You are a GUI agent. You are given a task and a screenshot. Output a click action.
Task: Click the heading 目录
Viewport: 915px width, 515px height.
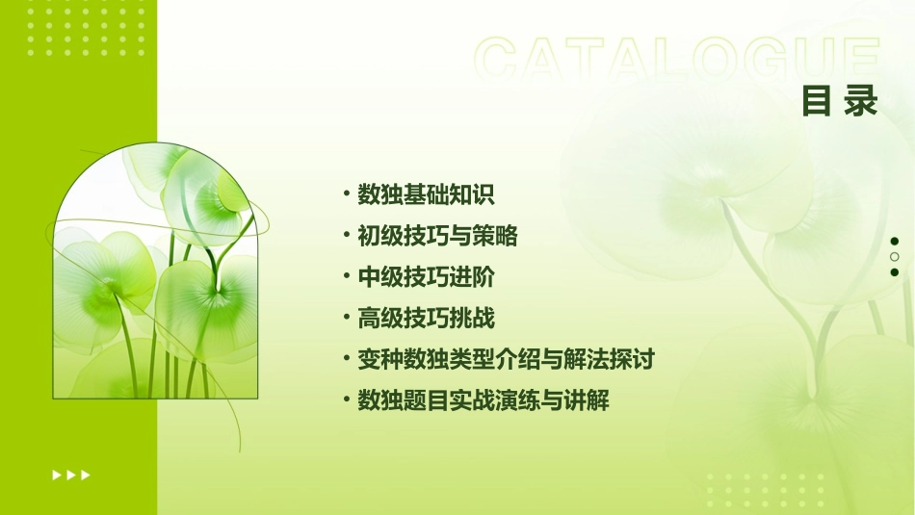click(x=840, y=101)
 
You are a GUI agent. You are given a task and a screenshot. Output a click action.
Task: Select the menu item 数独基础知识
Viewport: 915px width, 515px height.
click(x=426, y=194)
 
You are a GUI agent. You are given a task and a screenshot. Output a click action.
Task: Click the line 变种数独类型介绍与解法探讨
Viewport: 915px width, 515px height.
click(x=506, y=360)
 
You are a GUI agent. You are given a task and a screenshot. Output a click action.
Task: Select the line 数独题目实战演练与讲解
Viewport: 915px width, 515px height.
click(x=483, y=400)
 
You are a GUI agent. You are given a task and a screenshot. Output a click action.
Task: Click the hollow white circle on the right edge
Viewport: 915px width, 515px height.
click(x=895, y=257)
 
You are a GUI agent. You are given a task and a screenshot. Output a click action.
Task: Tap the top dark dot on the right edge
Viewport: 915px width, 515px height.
click(x=895, y=242)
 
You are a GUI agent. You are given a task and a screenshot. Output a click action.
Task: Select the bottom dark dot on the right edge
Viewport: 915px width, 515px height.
click(x=895, y=272)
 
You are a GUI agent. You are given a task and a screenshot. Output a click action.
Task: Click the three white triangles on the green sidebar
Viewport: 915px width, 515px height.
click(x=71, y=475)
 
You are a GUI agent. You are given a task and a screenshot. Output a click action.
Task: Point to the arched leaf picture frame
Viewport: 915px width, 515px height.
click(x=155, y=274)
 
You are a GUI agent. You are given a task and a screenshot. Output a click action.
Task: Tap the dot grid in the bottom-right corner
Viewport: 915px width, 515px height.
click(x=766, y=489)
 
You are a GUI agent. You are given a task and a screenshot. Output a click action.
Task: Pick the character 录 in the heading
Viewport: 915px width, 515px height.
click(x=862, y=101)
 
